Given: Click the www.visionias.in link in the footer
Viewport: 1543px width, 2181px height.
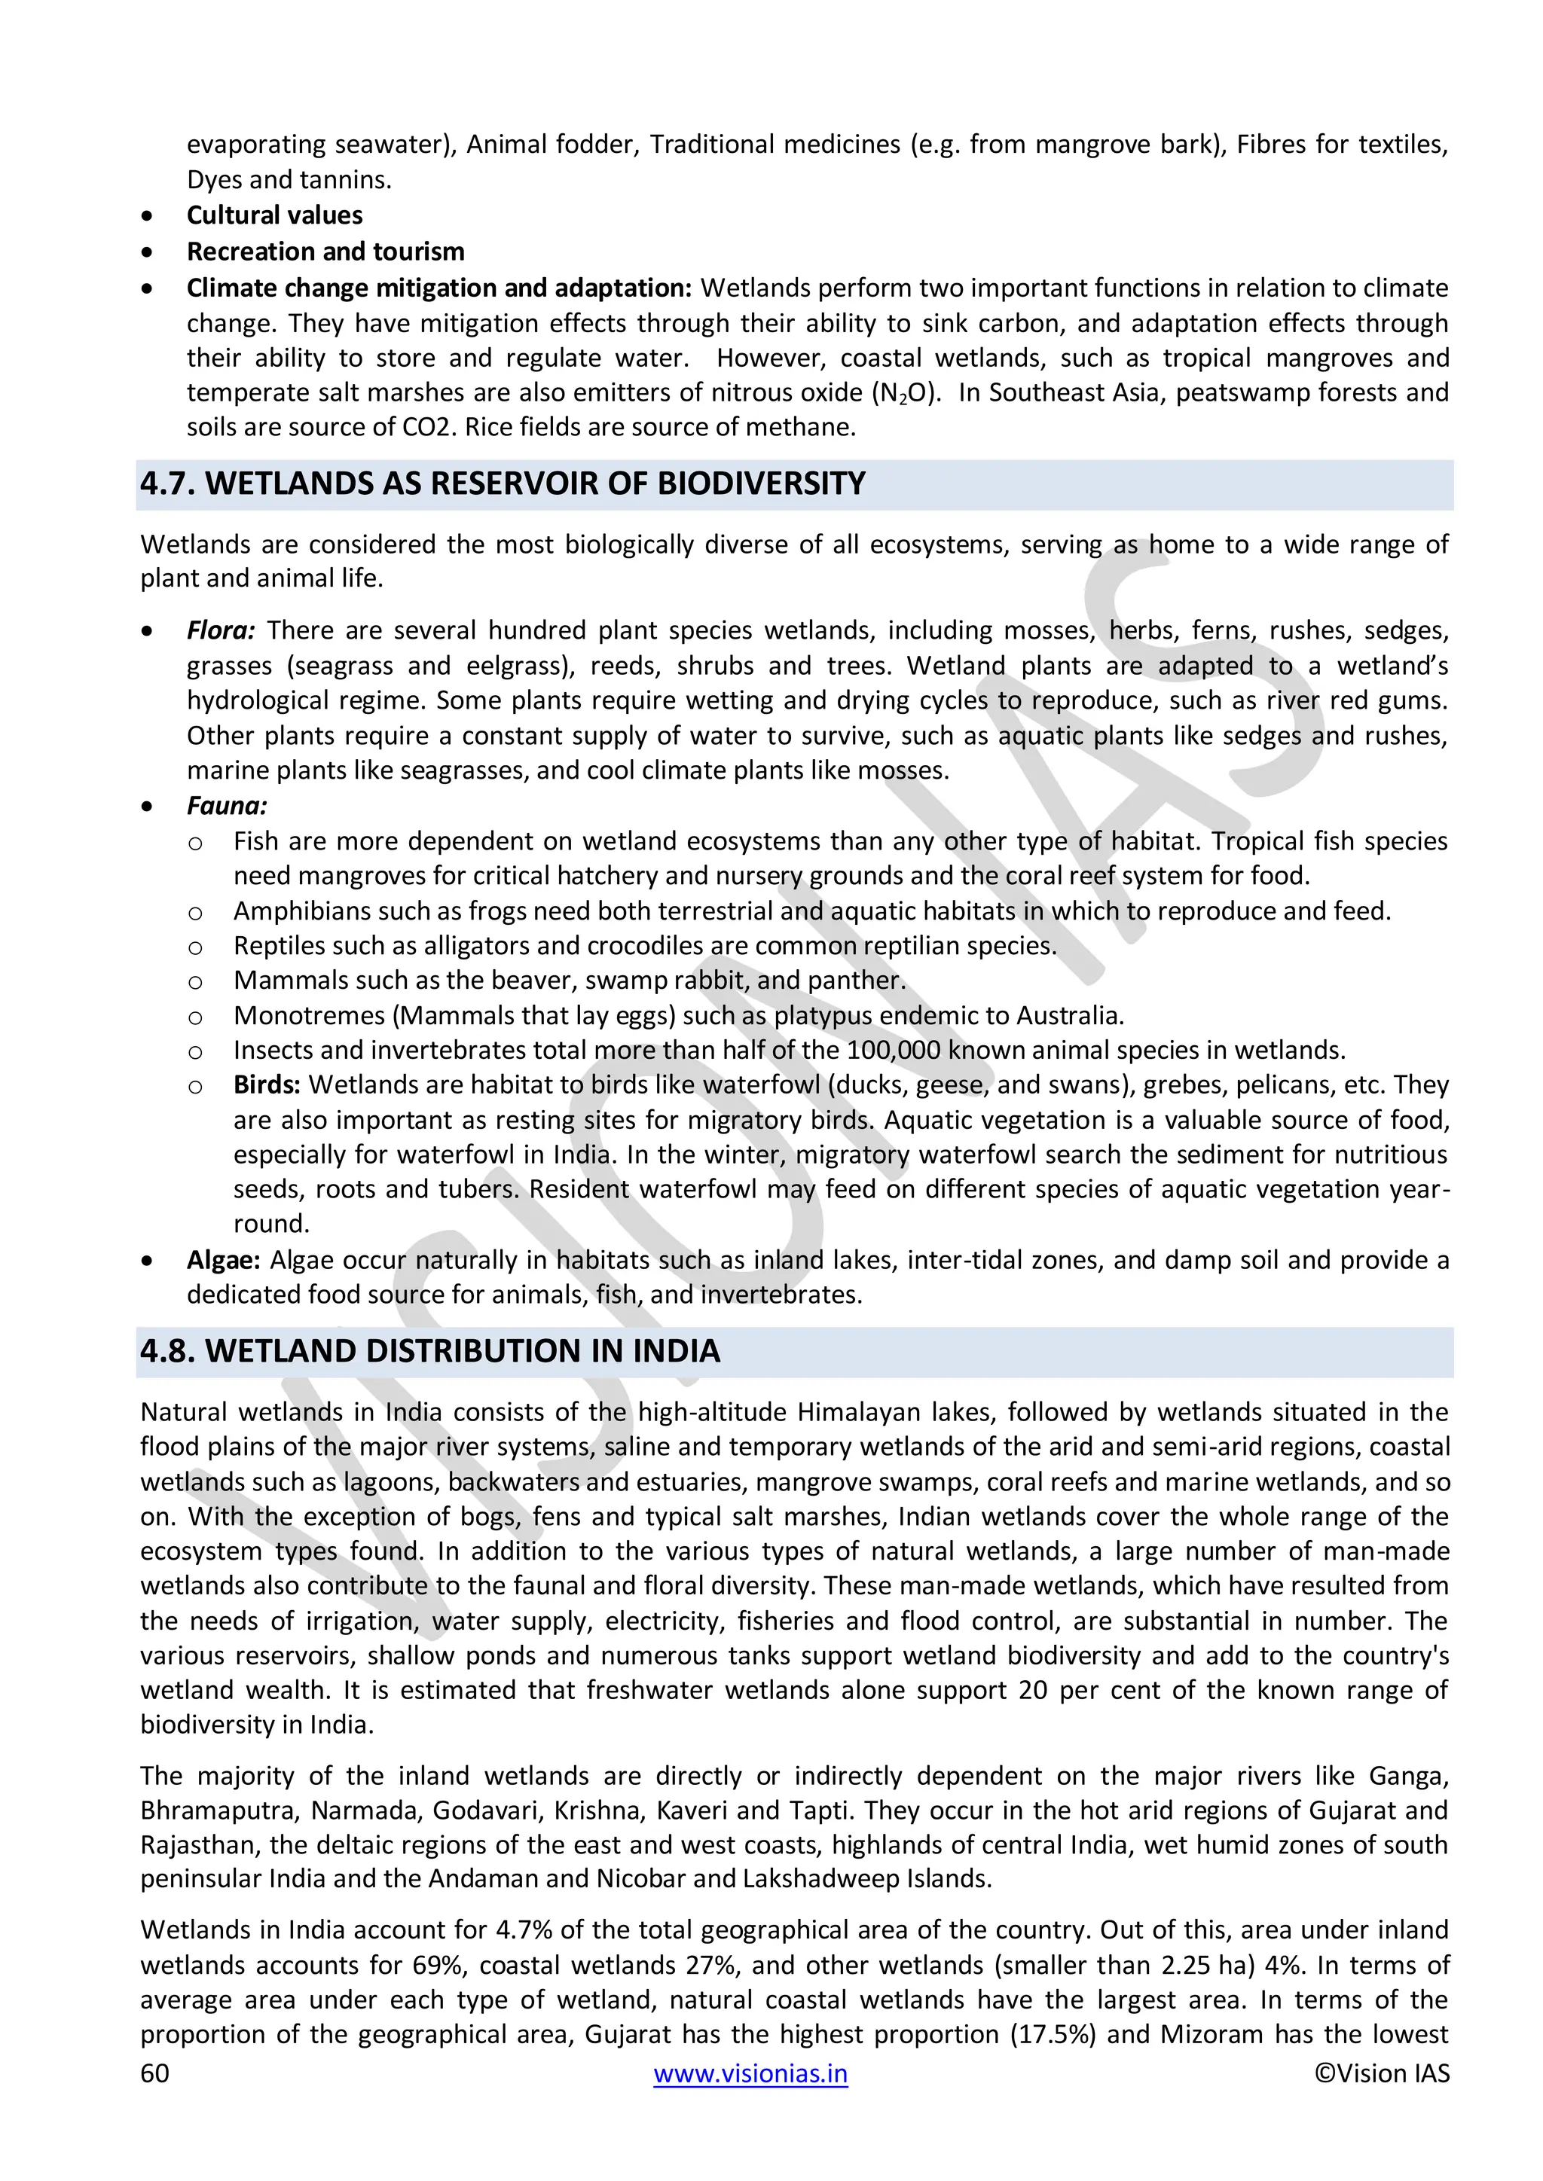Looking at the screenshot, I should click(750, 2073).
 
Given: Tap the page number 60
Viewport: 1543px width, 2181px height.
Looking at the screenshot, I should click(155, 2073).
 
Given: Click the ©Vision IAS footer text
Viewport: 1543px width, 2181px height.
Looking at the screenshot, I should click(1382, 2073).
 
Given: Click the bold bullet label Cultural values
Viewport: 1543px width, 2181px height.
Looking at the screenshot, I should click(274, 215).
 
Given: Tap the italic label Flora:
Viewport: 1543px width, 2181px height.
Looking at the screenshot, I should click(221, 631).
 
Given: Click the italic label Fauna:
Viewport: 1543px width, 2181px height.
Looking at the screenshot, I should click(227, 807).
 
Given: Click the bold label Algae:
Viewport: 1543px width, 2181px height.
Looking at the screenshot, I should click(223, 1261).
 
